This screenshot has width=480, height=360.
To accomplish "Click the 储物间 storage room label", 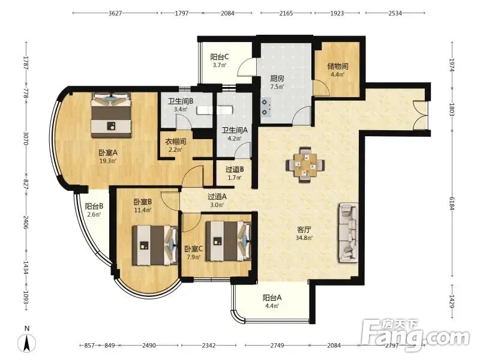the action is pos(337,66).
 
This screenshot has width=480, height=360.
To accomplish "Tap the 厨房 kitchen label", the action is pos(277,79).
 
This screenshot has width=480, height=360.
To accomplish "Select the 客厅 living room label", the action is pos(304,230).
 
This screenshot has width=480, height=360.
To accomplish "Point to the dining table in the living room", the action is pos(305,166).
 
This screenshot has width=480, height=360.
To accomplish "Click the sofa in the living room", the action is pos(348,233).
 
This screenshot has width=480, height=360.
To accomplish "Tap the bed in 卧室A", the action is pos(112,115).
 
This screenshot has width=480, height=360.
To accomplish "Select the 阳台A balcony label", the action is pos(272,298).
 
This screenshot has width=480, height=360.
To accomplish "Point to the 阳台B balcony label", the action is pos(94,206).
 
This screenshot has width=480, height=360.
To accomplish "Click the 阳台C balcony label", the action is pos(220,57).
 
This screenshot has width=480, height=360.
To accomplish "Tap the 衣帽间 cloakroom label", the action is pos(176,142).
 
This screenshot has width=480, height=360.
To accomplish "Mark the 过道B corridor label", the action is pos(235,169).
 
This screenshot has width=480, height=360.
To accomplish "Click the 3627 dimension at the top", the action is pos(115,13).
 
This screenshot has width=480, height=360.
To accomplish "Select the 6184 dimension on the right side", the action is pos(452,203).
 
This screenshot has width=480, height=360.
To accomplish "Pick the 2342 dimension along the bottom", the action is pos(208,346).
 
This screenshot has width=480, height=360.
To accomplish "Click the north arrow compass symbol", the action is pos(27,340).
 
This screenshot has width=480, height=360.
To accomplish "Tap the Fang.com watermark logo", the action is pos(415,335).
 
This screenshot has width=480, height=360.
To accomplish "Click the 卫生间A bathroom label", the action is pos(235,130).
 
